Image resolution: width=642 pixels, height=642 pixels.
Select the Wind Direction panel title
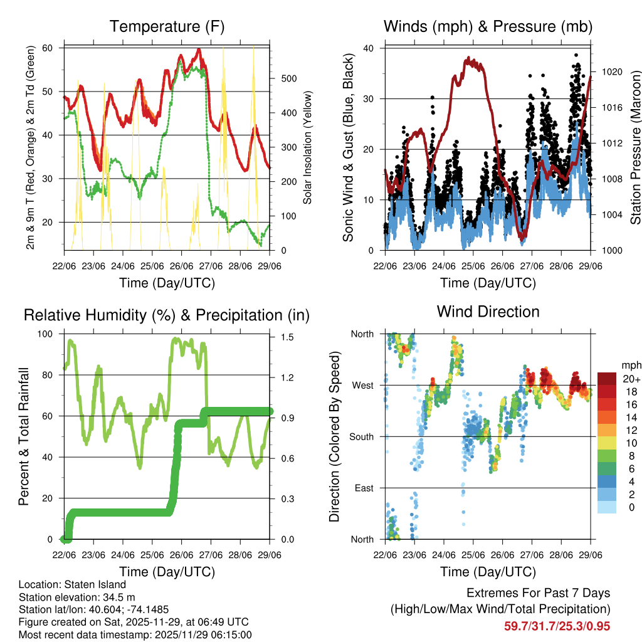coord(488,311)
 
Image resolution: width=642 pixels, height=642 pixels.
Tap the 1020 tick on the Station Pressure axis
coord(612,72)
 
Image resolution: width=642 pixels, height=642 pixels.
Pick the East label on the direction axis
coord(363,488)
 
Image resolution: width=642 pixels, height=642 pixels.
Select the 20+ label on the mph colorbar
coord(631,379)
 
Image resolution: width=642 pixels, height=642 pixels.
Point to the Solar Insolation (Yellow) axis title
coord(308,148)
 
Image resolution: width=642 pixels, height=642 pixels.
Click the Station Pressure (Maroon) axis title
coord(634,148)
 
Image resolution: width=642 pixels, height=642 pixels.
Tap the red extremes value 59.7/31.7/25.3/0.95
coord(557,626)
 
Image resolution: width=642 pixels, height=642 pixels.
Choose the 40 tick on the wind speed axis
coord(370,48)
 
